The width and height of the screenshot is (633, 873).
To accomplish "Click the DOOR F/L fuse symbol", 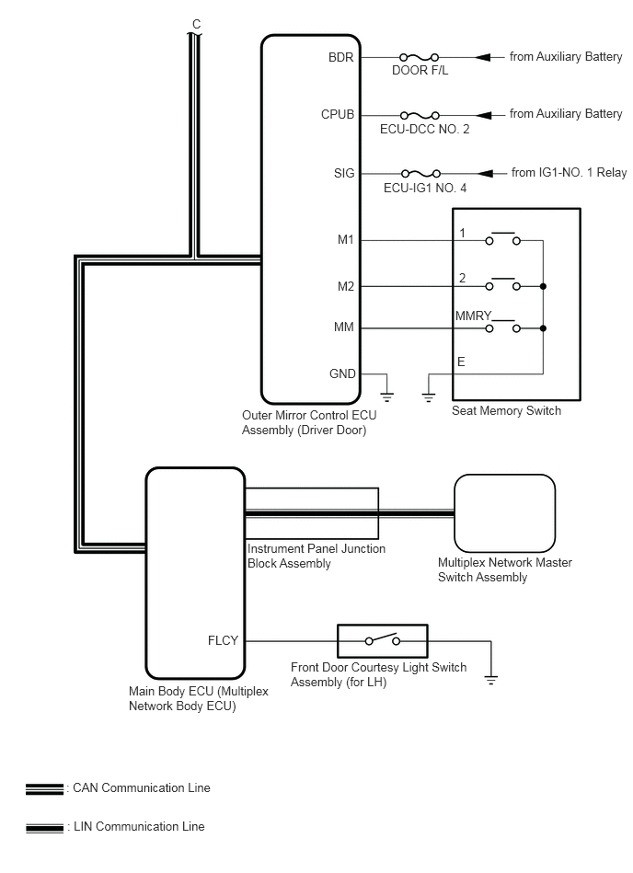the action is click(420, 57).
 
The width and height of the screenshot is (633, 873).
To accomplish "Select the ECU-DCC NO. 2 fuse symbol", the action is click(420, 115).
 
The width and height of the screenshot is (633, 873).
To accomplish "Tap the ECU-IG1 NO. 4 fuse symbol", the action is click(420, 174).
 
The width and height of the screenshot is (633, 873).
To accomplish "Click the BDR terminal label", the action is click(340, 57).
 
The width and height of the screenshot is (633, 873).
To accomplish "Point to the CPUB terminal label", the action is click(338, 115).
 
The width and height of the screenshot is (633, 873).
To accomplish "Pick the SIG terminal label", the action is click(344, 173).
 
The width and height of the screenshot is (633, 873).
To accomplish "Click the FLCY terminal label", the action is click(223, 641).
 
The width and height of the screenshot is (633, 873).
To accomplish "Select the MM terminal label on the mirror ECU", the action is click(343, 327).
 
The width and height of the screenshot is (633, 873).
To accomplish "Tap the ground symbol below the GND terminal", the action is click(387, 396).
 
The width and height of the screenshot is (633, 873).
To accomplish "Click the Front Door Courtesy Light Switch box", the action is click(383, 641).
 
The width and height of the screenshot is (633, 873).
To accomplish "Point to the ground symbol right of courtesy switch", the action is click(491, 680).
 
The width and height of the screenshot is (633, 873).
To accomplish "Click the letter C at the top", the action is click(196, 25).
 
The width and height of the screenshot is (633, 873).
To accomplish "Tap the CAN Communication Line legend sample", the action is click(44, 789).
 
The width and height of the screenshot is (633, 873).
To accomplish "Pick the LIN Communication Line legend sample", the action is click(44, 828).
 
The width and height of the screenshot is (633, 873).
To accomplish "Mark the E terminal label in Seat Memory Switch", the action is click(461, 362).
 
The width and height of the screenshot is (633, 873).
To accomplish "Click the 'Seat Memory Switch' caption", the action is click(506, 411).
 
